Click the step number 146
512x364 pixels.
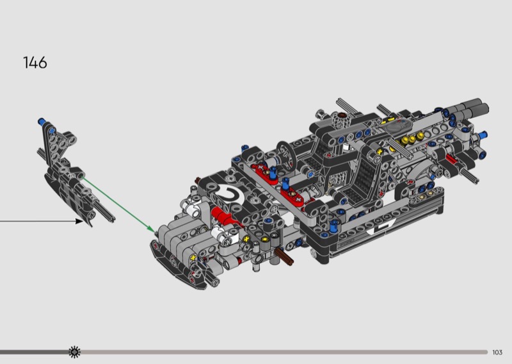click(x=35, y=62)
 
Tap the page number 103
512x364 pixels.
click(x=497, y=352)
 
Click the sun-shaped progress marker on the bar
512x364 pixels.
click(x=75, y=352)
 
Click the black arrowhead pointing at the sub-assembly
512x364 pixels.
click(x=79, y=221)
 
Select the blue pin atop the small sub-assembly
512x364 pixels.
click(x=42, y=122)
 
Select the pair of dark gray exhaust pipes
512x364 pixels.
click(x=472, y=108)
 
